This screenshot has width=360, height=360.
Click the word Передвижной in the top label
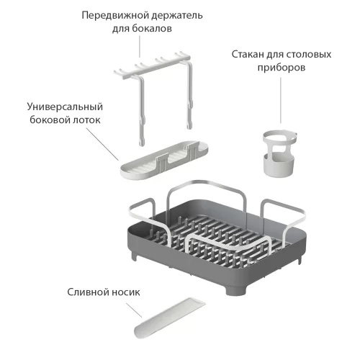tap(112, 16)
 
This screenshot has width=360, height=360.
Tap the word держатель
tap(174, 16)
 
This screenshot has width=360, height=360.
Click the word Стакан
tap(248, 54)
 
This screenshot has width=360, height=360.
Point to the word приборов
tap(282, 68)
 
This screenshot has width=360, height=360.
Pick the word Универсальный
tap(65, 107)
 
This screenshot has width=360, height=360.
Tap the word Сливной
tap(88, 292)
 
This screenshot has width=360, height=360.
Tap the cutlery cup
tap(279, 154)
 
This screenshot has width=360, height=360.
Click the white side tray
tap(164, 159)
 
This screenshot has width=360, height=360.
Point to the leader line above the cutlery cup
tap(281, 100)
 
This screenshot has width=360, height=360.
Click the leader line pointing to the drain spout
tap(134, 310)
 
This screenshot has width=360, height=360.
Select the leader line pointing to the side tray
tap(102, 144)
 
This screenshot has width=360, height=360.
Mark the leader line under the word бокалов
tap(140, 47)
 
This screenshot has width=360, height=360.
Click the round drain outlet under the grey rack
tap(236, 290)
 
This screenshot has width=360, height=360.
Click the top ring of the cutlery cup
tap(280, 138)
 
